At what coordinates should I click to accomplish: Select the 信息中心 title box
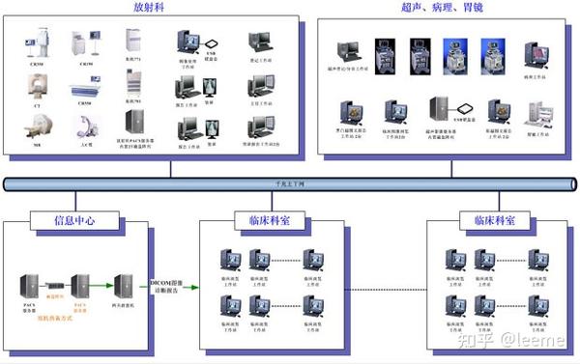tap(74, 220)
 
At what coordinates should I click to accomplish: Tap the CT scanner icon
tap(36, 86)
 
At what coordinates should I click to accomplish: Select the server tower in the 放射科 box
tap(133, 123)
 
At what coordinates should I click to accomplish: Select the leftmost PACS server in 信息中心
tap(31, 286)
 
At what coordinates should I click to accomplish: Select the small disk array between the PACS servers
tap(55, 286)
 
